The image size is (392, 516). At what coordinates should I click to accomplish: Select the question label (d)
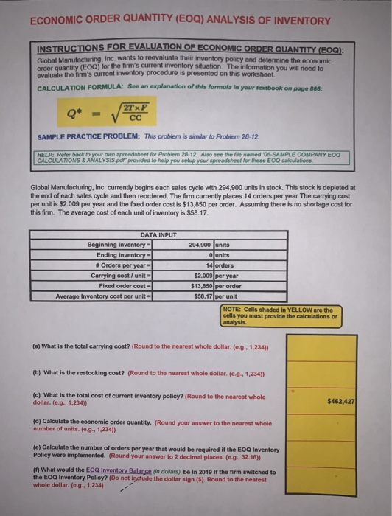click(x=36, y=421)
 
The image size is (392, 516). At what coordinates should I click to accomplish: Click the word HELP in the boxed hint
click(x=47, y=153)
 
